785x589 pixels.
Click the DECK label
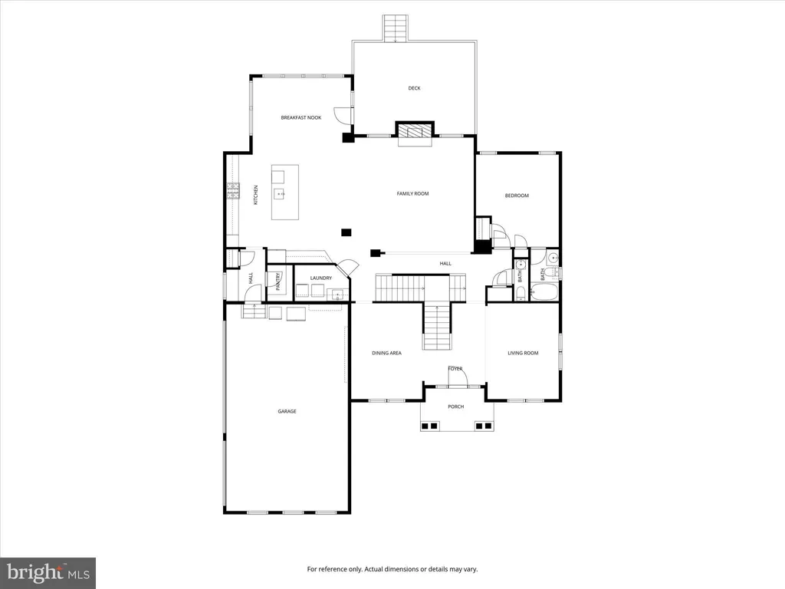pyautogui.click(x=414, y=88)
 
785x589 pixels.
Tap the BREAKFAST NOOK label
pyautogui.click(x=301, y=117)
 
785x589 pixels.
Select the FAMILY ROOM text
pyautogui.click(x=412, y=193)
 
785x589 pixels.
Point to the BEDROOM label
pyautogui.click(x=517, y=196)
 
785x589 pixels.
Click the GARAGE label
pyautogui.click(x=287, y=411)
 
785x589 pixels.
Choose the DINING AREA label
pyautogui.click(x=386, y=353)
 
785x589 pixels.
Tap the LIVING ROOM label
pyautogui.click(x=523, y=353)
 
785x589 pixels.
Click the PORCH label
pyautogui.click(x=455, y=406)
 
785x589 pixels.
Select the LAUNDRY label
pyautogui.click(x=321, y=278)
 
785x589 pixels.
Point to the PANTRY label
pyautogui.click(x=278, y=281)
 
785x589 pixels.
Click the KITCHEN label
pyautogui.click(x=256, y=195)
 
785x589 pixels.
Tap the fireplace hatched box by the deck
pyautogui.click(x=415, y=131)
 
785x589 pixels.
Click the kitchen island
pyautogui.click(x=285, y=192)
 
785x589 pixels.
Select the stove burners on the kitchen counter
pyautogui.click(x=233, y=191)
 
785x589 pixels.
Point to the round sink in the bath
pyautogui.click(x=553, y=258)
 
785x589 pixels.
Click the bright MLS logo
pyautogui.click(x=48, y=573)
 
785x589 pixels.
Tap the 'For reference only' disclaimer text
pyautogui.click(x=392, y=569)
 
